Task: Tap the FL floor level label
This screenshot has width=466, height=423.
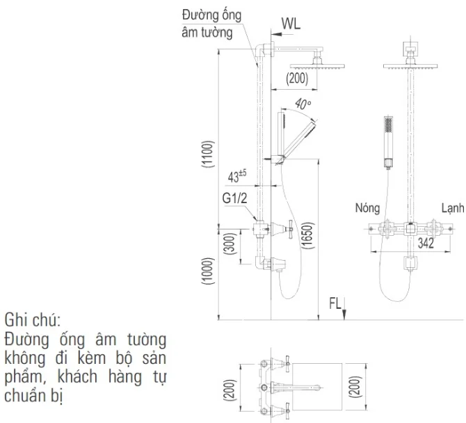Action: click(335, 303)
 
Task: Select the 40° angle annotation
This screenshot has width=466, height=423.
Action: click(303, 104)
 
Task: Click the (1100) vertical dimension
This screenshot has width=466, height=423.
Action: click(207, 154)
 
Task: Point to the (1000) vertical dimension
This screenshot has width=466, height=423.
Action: click(207, 271)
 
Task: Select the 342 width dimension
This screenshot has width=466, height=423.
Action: click(426, 244)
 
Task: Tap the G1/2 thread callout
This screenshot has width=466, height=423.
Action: click(234, 198)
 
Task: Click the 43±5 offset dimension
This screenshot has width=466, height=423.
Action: click(237, 177)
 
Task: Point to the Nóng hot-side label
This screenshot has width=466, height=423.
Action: click(367, 208)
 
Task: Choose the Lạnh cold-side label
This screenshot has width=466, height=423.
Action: click(453, 208)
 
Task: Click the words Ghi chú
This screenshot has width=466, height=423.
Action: click(33, 320)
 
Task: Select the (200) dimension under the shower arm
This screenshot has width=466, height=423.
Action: click(297, 79)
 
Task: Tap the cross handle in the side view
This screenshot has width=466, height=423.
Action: click(290, 229)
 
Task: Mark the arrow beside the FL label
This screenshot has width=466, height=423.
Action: click(344, 308)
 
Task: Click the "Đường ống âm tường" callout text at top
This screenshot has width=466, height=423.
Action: click(211, 24)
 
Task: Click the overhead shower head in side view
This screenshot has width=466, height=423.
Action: click(317, 66)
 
